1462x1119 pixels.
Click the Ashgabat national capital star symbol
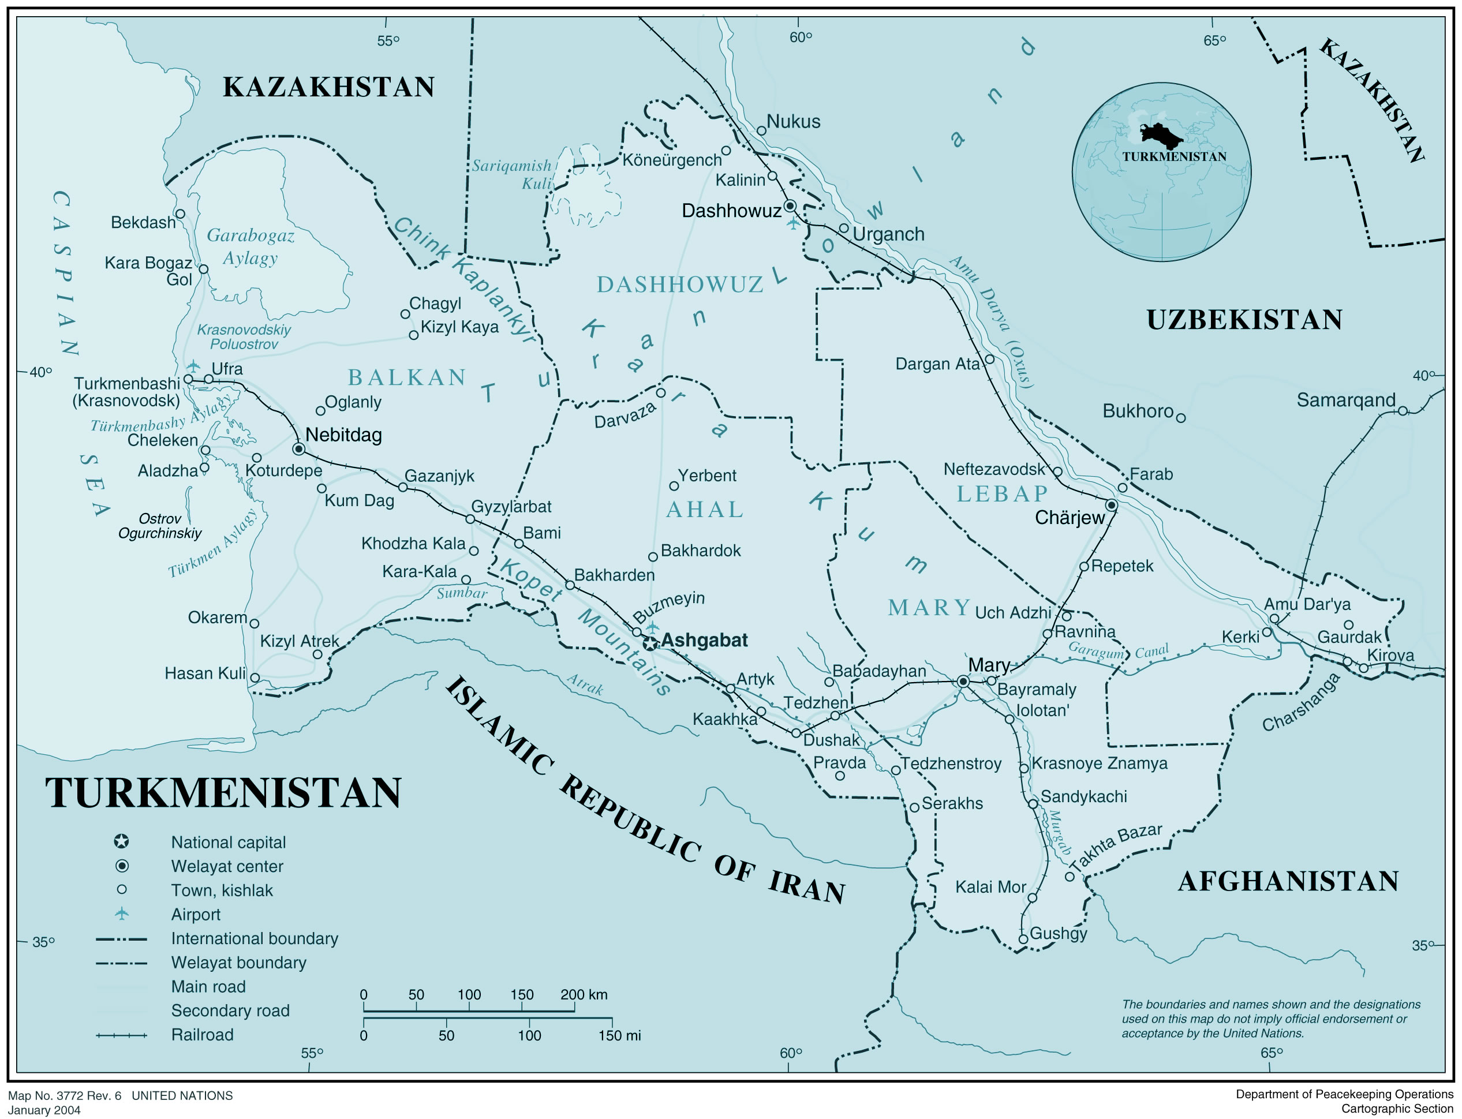tap(650, 643)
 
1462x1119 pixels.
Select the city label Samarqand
tap(1345, 401)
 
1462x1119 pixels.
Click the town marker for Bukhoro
tap(1180, 418)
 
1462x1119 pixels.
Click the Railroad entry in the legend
tap(202, 1034)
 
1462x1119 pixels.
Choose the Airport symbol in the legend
tap(121, 914)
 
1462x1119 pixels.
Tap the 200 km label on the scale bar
tap(584, 994)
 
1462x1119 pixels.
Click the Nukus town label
tap(792, 122)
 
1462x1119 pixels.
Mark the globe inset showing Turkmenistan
tap(1161, 172)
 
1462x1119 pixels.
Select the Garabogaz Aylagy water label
tap(250, 246)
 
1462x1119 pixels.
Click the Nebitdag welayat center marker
tap(299, 449)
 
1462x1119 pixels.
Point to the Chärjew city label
tap(1070, 518)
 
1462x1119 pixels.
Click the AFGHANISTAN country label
tap(1288, 881)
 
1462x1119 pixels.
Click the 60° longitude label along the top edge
tap(801, 38)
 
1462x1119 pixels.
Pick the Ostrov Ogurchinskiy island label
tap(160, 526)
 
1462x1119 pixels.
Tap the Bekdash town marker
tap(180, 214)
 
